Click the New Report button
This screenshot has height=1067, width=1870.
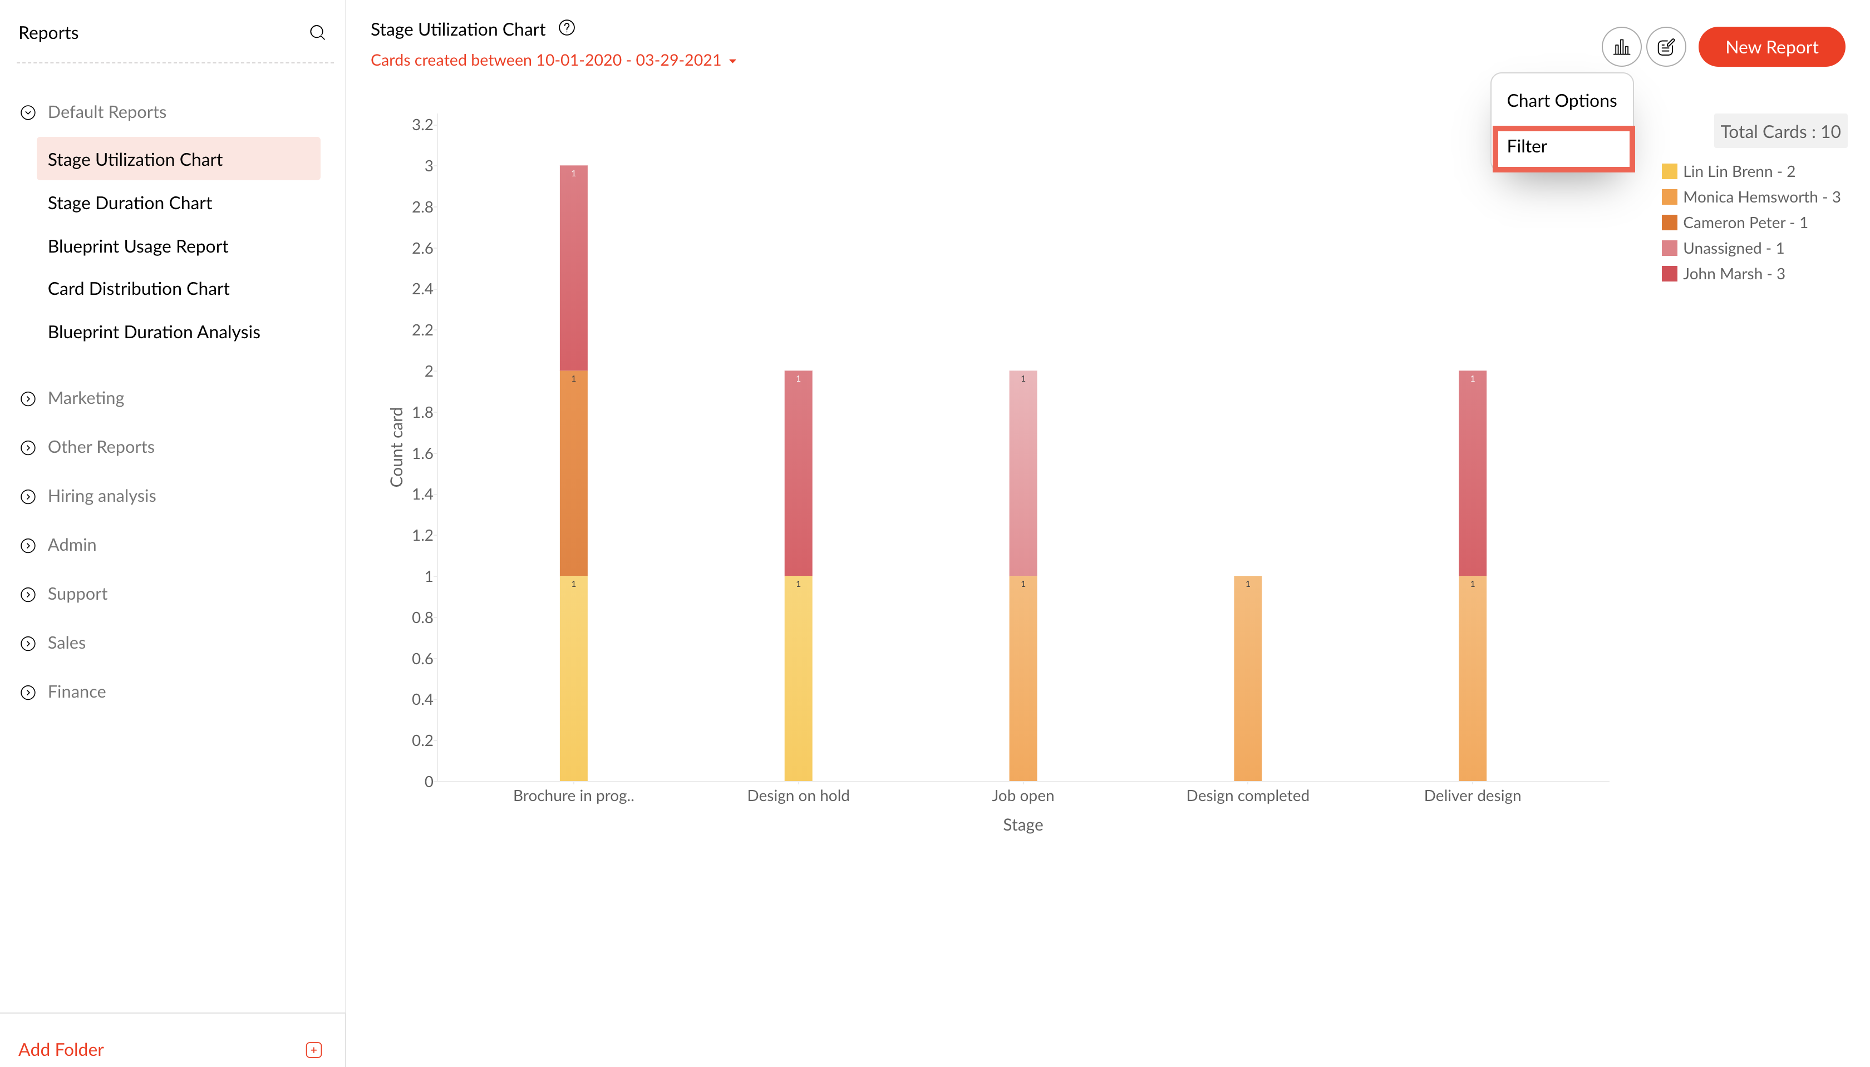[x=1770, y=47]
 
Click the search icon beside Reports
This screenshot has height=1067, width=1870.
[x=317, y=33]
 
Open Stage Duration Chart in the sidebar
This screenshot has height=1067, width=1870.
[x=129, y=203]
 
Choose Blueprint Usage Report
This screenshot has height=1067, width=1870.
[x=138, y=246]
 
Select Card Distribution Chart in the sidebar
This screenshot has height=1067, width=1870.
[x=139, y=289]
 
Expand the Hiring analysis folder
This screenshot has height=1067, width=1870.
[x=101, y=496]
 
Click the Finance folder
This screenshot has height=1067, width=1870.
[x=76, y=692]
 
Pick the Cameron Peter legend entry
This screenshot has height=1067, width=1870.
[x=1744, y=223]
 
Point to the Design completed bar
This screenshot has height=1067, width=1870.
[x=1247, y=678]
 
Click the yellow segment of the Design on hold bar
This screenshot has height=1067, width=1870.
[x=798, y=678]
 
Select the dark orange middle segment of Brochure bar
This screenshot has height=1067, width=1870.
[x=573, y=473]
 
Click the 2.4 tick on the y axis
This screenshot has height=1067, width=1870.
[x=422, y=289]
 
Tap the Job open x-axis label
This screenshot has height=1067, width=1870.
[x=1022, y=796]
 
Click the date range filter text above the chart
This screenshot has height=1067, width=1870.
[x=546, y=60]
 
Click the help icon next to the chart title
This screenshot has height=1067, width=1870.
[x=567, y=28]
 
